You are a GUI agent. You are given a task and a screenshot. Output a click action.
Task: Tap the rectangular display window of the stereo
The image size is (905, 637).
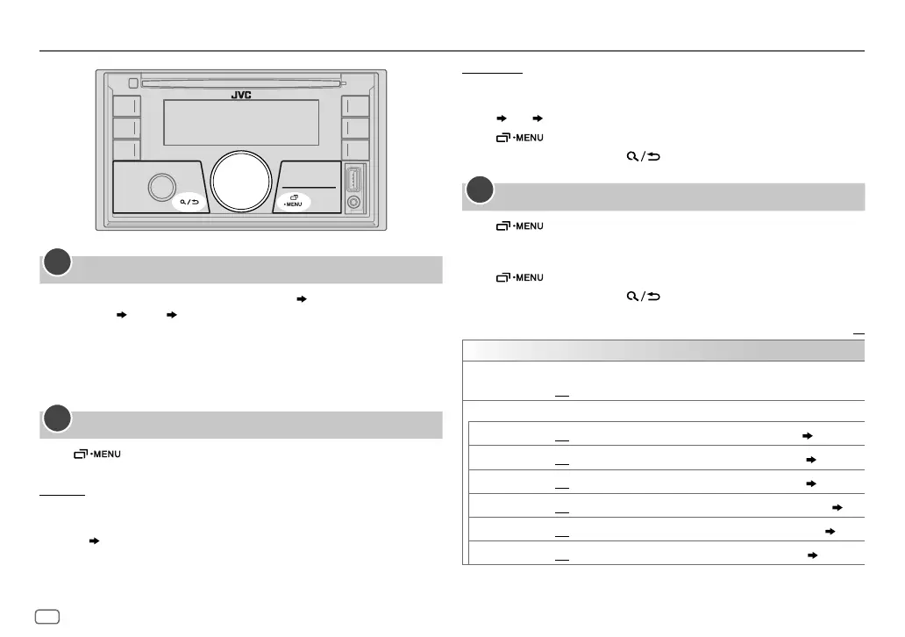241,124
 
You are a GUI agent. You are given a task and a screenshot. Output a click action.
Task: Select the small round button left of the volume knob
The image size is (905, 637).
162,186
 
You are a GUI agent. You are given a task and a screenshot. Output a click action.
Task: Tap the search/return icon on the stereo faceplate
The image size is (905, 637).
189,202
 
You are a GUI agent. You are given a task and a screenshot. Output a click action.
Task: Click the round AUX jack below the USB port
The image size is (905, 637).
353,203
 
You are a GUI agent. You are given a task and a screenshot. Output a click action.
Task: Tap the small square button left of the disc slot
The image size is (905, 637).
131,84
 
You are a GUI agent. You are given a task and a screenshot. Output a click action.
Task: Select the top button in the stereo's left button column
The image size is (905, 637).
126,106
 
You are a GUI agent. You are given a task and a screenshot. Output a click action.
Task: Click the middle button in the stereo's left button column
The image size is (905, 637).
126,128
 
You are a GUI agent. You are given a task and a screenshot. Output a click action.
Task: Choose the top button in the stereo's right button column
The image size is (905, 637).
354,106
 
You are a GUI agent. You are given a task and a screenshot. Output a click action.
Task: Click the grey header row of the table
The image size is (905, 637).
663,350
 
